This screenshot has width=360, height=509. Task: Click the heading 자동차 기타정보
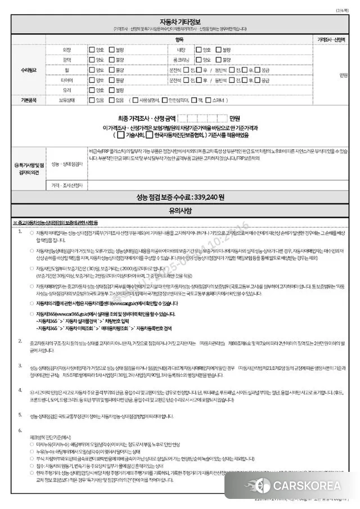(x=179, y=20)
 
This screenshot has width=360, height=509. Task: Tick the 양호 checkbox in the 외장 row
(x=92, y=50)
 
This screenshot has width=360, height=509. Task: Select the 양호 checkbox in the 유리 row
(x=92, y=89)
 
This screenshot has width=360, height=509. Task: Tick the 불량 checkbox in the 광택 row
(x=112, y=60)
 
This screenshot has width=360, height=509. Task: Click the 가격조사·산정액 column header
(x=331, y=40)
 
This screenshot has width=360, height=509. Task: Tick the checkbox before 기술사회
(x=120, y=135)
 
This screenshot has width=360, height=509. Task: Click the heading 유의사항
(x=179, y=211)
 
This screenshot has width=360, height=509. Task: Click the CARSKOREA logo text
(x=314, y=485)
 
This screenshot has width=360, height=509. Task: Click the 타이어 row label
(x=66, y=79)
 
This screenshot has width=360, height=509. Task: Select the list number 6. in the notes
(x=20, y=430)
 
